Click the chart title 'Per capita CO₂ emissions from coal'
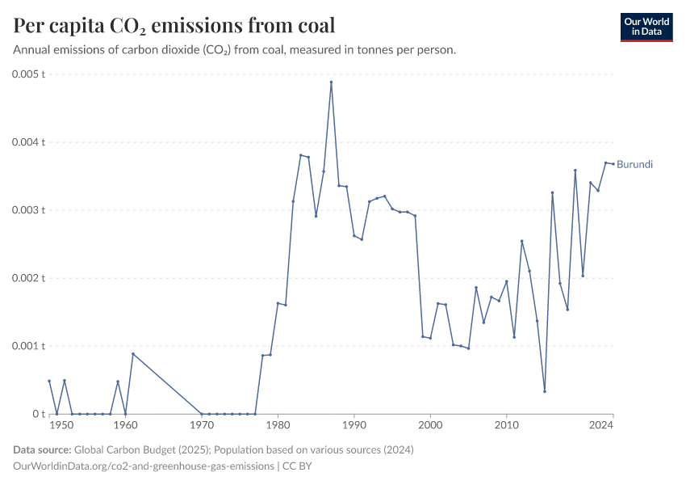tap(174, 26)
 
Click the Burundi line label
tap(634, 164)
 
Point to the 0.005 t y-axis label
tap(28, 74)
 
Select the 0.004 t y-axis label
tap(28, 142)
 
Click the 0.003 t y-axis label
tap(28, 210)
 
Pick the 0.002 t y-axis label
tap(28, 278)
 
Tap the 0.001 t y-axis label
tap(28, 346)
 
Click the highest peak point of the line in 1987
tap(331, 82)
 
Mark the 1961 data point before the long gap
tap(132, 354)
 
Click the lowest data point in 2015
tap(545, 391)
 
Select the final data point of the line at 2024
tap(613, 164)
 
